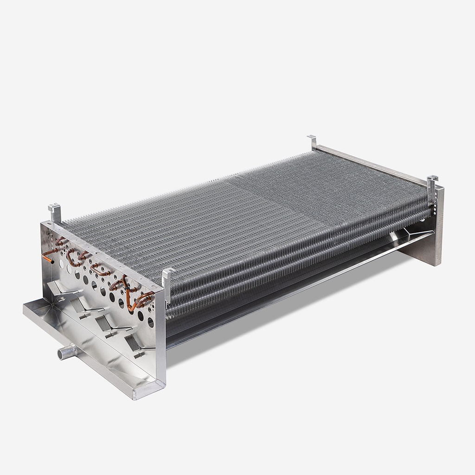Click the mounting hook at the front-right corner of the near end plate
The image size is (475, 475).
(168, 278)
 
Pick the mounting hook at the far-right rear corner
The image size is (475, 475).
(432, 186)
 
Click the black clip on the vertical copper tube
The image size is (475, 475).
(126, 287)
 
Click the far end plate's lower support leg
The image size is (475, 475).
(427, 251)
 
